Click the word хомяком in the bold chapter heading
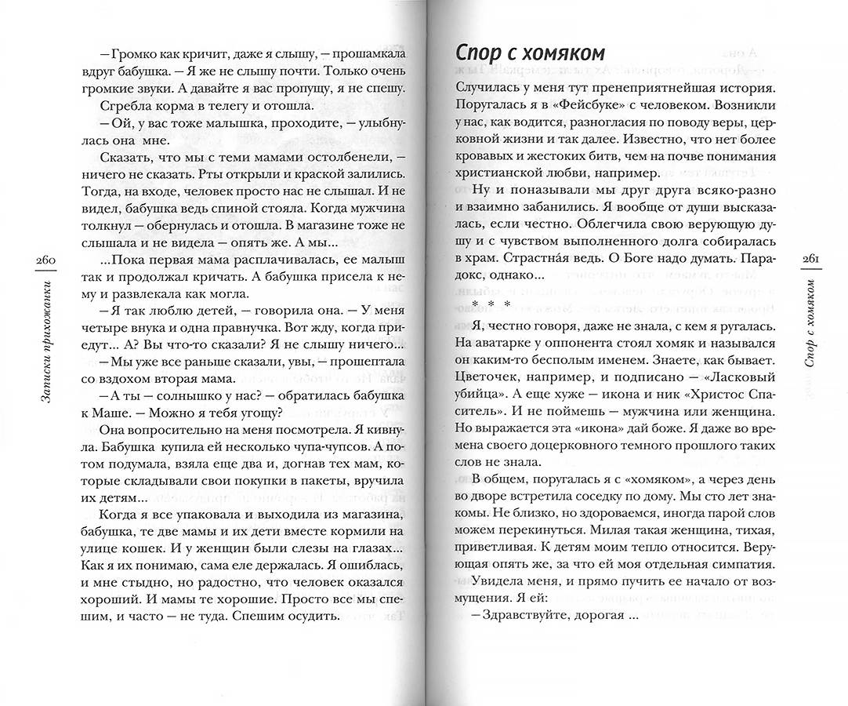(x=566, y=53)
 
